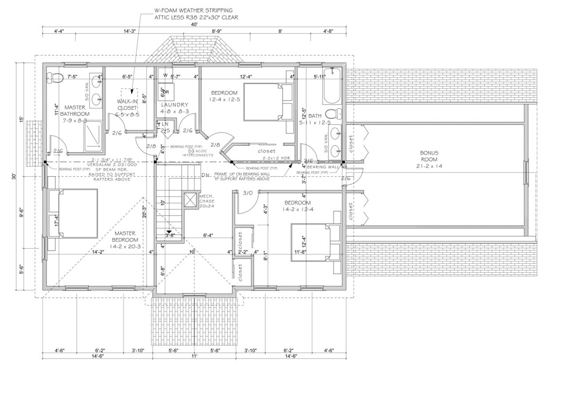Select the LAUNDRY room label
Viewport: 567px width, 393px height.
[175, 108]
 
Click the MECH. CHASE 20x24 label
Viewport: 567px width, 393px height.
[207, 201]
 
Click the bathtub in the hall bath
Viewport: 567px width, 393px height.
[332, 86]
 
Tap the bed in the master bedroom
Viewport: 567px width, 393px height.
[73, 213]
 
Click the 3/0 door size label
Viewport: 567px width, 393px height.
[247, 193]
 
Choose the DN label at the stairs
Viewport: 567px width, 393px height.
[205, 175]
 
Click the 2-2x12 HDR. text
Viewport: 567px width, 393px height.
[276, 158]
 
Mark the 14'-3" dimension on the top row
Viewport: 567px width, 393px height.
[129, 32]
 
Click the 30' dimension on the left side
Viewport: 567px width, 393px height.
[13, 176]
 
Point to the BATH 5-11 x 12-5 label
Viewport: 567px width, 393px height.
[315, 119]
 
